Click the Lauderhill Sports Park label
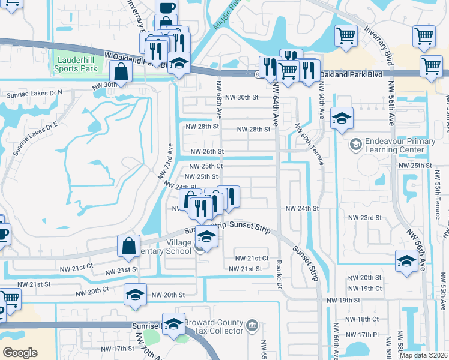point(76,64)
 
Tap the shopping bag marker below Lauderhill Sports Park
point(121,72)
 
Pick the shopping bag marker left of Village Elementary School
point(129,245)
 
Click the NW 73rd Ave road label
point(166,162)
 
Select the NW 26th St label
point(206,152)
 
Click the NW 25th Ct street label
point(206,166)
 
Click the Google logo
point(20,353)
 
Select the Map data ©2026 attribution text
point(424,355)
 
